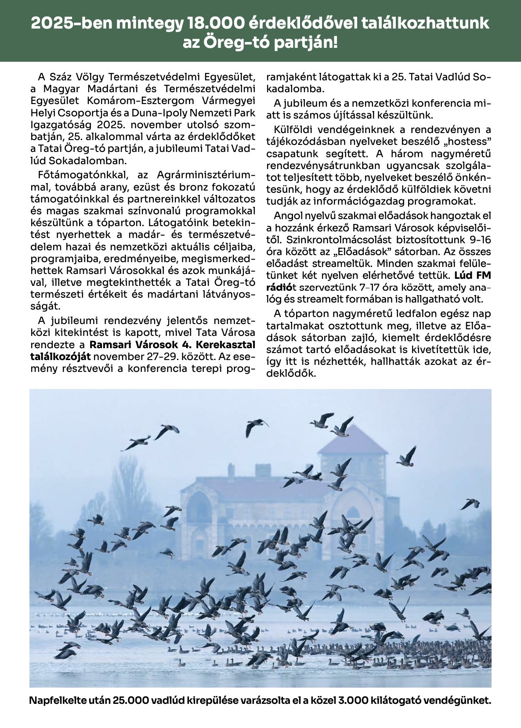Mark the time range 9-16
coord(480,240)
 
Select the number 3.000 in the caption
coord(354,700)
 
